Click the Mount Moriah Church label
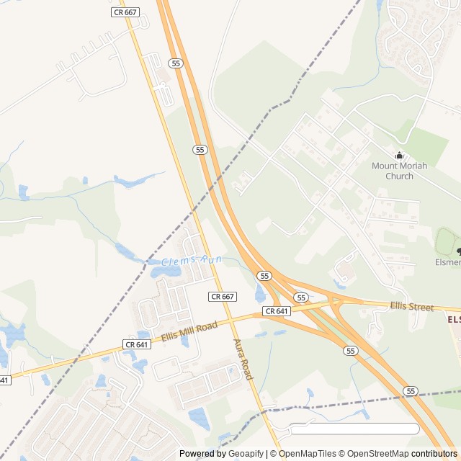(x=399, y=171)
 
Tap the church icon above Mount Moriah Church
(x=399, y=156)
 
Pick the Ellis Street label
(x=412, y=307)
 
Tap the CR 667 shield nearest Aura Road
(x=223, y=296)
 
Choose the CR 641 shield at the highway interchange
(x=277, y=310)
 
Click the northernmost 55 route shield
(x=175, y=63)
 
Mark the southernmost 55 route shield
(x=411, y=390)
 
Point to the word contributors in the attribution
(x=434, y=454)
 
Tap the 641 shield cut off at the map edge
(x=4, y=380)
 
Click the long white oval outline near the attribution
(x=353, y=429)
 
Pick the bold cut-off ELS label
(x=453, y=319)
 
